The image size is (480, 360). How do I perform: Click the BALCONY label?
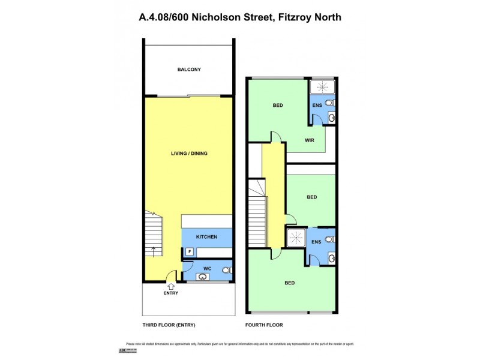pyautogui.click(x=189, y=70)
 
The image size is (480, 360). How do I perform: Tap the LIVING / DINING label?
pyautogui.click(x=189, y=154)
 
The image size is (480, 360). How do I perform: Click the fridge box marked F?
pyautogui.click(x=190, y=252)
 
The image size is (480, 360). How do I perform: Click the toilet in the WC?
pyautogui.click(x=226, y=271)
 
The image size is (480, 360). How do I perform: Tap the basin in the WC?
pyautogui.click(x=202, y=277)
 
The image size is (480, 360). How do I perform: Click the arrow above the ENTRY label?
pyautogui.click(x=171, y=286)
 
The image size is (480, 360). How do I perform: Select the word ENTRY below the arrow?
pyautogui.click(x=171, y=293)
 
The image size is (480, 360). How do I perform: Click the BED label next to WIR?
pyautogui.click(x=277, y=106)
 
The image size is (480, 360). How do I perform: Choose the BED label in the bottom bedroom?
pyautogui.click(x=290, y=283)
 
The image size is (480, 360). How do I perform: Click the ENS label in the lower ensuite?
pyautogui.click(x=316, y=242)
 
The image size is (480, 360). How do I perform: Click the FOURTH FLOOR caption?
pyautogui.click(x=264, y=325)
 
